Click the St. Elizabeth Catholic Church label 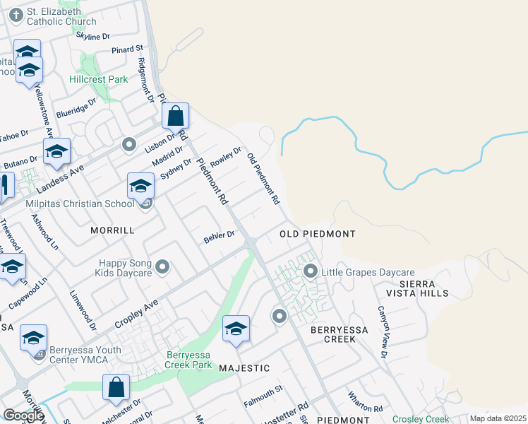[x=61, y=17]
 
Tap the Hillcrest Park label [x=99, y=79]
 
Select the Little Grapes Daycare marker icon [x=310, y=271]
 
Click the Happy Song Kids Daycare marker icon [x=163, y=267]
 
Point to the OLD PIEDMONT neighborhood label [x=317, y=233]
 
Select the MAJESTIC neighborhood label [x=244, y=368]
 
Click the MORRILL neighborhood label [x=112, y=231]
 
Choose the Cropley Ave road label [x=136, y=316]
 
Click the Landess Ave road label [x=60, y=178]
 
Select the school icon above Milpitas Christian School [x=140, y=185]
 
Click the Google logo [x=23, y=415]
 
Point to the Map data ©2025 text [x=498, y=418]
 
